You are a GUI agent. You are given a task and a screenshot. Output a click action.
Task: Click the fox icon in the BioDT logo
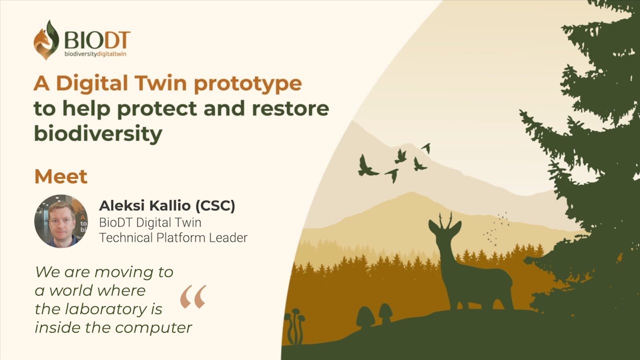click(x=46, y=39)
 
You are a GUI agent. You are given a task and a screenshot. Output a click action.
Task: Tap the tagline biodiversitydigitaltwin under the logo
click(x=95, y=54)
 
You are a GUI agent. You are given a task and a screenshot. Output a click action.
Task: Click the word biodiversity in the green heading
click(x=98, y=133)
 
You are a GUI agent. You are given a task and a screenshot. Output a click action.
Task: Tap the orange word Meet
click(x=60, y=176)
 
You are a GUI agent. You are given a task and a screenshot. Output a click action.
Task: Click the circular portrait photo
click(x=61, y=221)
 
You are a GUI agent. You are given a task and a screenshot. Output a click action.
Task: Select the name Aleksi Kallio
click(x=144, y=205)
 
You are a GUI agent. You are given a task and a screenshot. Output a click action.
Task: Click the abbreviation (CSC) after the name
click(x=215, y=206)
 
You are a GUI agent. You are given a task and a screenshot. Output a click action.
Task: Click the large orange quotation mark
click(x=193, y=297)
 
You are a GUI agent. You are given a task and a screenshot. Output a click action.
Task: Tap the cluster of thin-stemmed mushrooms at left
click(x=295, y=325)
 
